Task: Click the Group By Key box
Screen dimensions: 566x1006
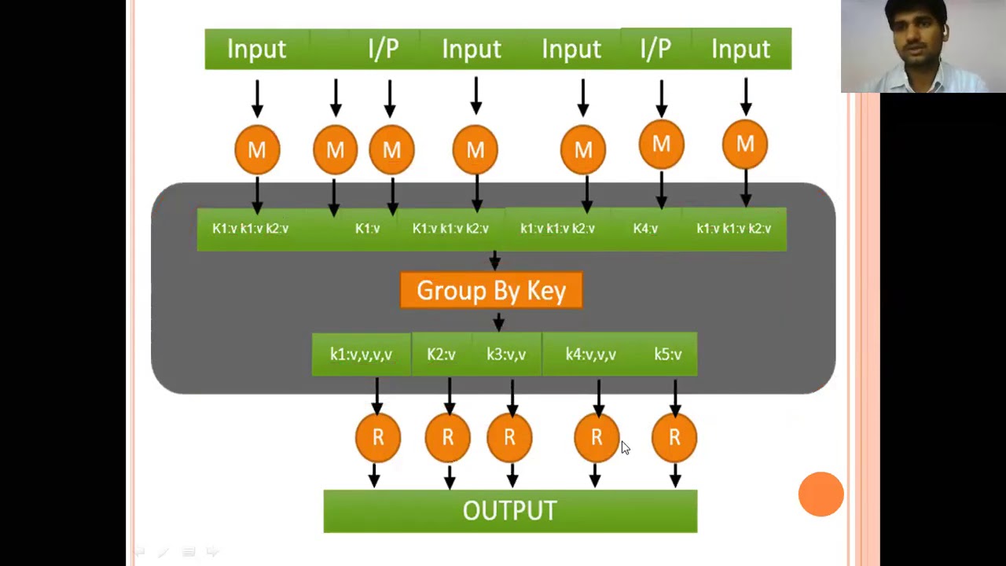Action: pos(491,291)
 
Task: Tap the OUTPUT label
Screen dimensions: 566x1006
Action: pos(509,511)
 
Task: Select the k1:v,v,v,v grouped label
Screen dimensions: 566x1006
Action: pos(361,355)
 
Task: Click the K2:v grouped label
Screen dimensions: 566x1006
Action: pos(441,355)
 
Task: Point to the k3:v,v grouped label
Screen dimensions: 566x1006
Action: pos(506,355)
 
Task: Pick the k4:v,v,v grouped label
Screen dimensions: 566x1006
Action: pos(590,355)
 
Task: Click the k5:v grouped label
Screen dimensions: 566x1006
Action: pos(668,355)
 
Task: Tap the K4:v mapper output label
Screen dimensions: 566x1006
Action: pos(645,229)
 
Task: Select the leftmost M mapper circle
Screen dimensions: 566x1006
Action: pos(257,149)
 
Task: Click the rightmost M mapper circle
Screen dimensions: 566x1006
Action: pos(744,145)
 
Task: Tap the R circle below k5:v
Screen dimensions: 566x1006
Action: pos(674,437)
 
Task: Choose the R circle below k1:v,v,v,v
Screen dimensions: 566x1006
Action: pos(378,437)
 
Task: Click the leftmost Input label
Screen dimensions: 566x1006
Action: pos(256,49)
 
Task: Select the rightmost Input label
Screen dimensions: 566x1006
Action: pos(740,49)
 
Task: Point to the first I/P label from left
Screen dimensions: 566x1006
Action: pos(384,49)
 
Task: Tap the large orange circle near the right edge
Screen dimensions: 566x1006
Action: pos(821,494)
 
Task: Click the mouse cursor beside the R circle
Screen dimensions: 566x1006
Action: pos(625,447)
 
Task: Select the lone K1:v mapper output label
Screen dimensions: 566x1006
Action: pos(367,229)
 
